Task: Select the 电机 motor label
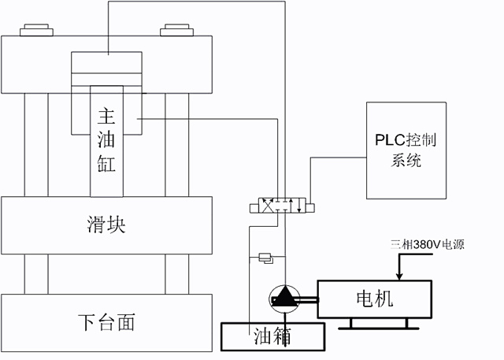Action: pyautogui.click(x=374, y=299)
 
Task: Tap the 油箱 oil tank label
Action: pyautogui.click(x=272, y=337)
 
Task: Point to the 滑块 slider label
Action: pyautogui.click(x=106, y=225)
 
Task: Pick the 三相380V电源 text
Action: pyautogui.click(x=421, y=244)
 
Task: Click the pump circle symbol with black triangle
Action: pyautogui.click(x=283, y=298)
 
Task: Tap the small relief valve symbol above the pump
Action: pyautogui.click(x=265, y=256)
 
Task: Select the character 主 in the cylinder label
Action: pyautogui.click(x=106, y=117)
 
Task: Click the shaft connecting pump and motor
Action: pyautogui.click(x=307, y=298)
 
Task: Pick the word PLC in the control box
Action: pyautogui.click(x=391, y=142)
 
